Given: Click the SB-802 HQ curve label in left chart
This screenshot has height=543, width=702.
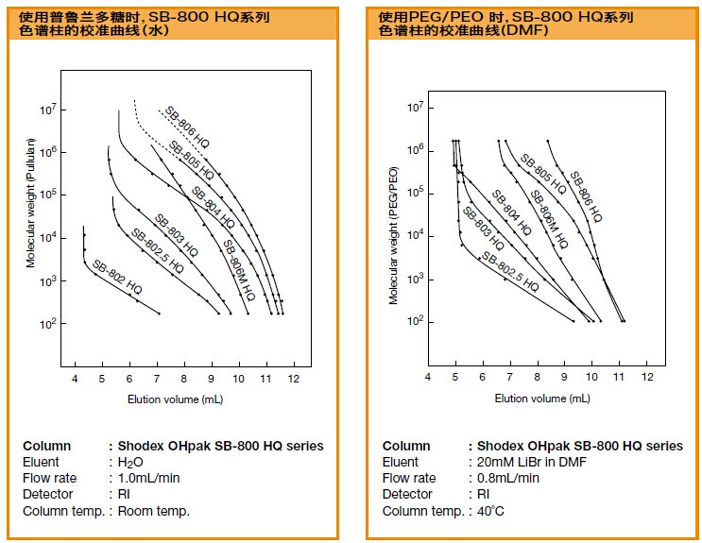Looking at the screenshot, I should [x=113, y=275].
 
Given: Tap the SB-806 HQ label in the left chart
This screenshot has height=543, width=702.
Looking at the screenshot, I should [x=187, y=127].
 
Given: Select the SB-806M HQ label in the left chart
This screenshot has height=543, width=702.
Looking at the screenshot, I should [x=239, y=269].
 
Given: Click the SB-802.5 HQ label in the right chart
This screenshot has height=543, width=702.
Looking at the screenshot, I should [x=509, y=271].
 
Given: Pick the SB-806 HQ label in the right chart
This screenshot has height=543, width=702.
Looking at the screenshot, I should [x=586, y=195].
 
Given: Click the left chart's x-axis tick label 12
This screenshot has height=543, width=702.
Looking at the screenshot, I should [x=294, y=378].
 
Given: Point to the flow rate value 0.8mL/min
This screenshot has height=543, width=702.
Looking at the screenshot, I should [x=505, y=478].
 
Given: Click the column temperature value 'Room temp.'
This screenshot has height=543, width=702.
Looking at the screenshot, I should [x=154, y=511].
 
